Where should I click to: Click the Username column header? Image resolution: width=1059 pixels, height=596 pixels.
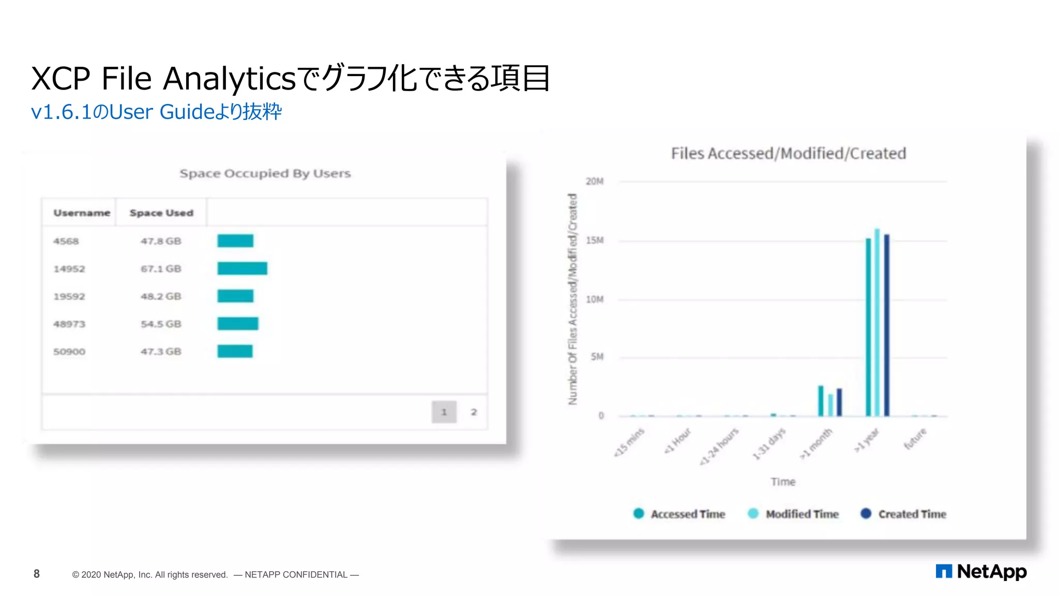82,213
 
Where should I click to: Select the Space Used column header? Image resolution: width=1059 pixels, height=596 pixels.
161,213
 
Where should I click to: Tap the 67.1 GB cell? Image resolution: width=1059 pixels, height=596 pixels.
161,269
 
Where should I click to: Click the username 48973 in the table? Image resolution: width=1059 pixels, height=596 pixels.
69,324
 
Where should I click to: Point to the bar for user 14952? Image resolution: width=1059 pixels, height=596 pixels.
242,268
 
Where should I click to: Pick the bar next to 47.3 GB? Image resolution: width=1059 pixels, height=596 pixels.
235,351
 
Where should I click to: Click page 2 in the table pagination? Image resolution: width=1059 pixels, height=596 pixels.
474,412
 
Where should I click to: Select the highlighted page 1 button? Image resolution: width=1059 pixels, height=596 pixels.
444,412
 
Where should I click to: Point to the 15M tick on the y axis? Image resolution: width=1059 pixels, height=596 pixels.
595,241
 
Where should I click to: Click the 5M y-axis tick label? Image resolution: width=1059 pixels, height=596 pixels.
597,357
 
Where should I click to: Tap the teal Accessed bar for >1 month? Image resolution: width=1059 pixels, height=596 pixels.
821,400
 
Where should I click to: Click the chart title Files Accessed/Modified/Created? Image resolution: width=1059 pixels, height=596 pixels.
788,153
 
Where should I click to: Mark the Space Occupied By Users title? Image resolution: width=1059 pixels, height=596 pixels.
265,173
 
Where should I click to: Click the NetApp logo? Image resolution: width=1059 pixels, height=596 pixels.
981,571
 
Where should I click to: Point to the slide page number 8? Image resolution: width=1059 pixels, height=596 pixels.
37,574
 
